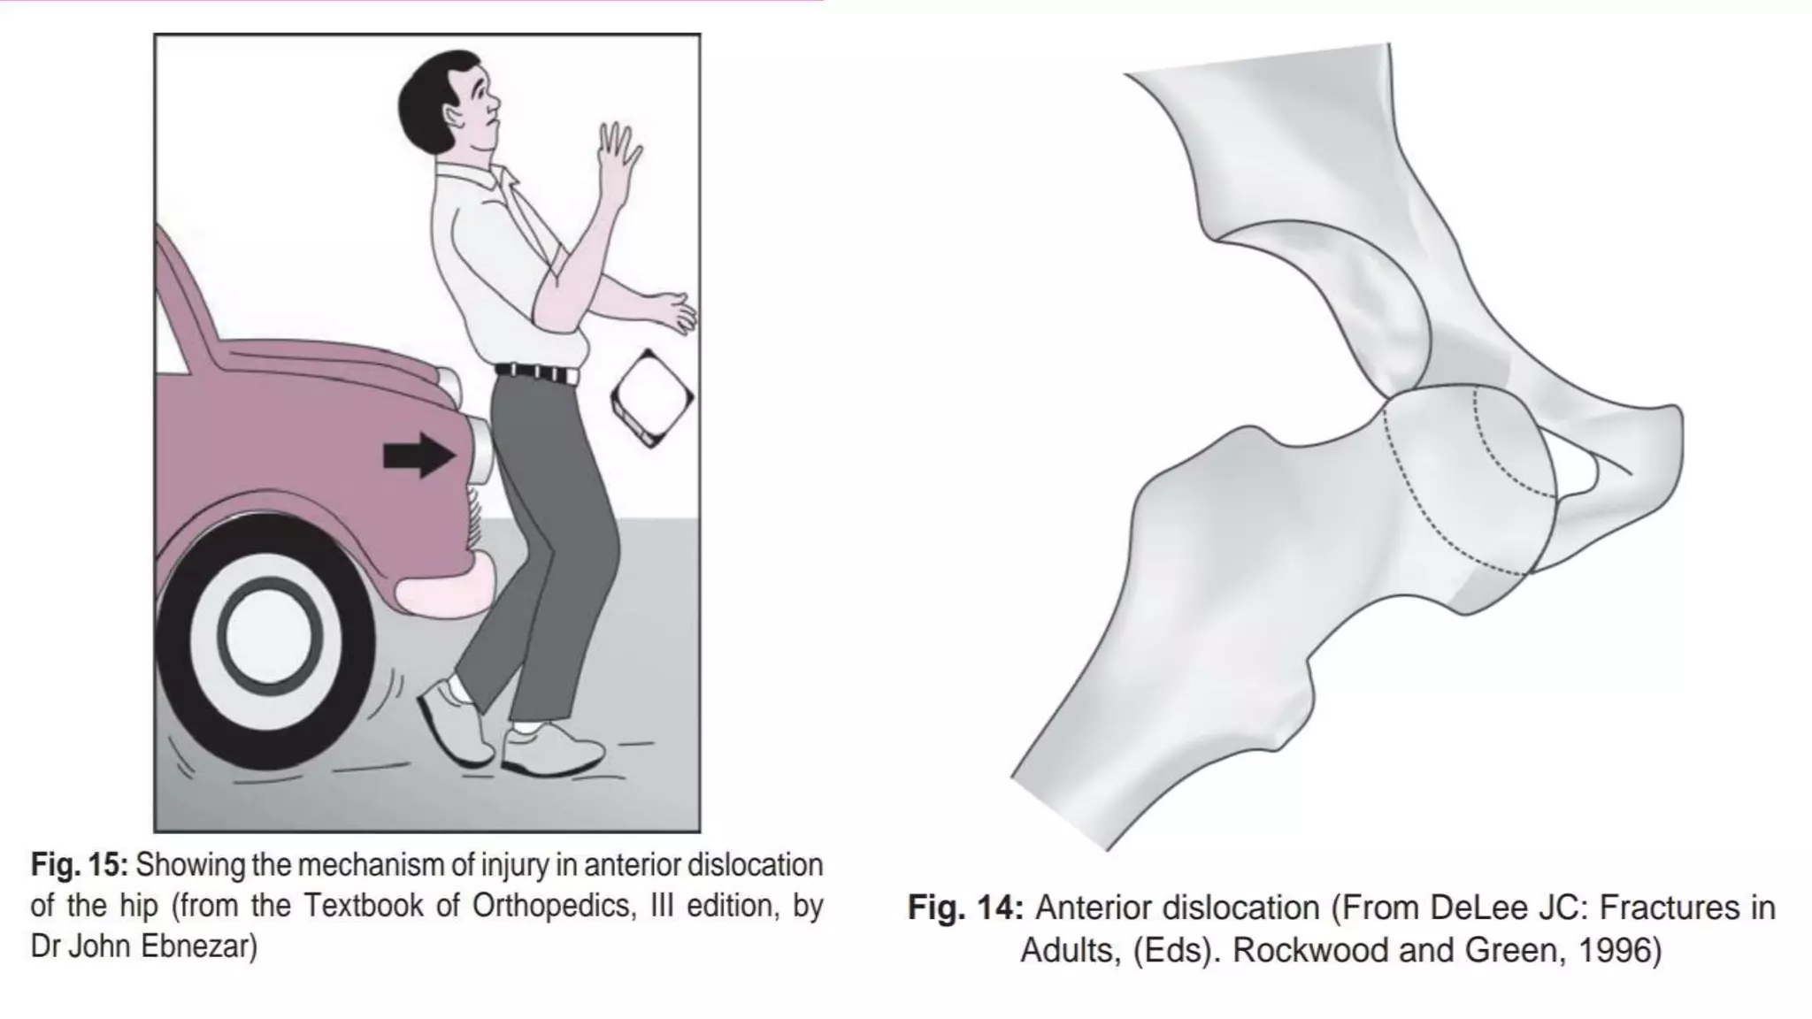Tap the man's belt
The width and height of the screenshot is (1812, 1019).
[536, 372]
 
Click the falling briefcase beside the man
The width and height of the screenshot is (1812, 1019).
[652, 398]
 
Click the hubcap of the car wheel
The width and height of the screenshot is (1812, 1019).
[266, 634]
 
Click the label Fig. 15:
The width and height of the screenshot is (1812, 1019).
[80, 864]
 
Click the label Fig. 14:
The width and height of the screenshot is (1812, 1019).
[965, 908]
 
